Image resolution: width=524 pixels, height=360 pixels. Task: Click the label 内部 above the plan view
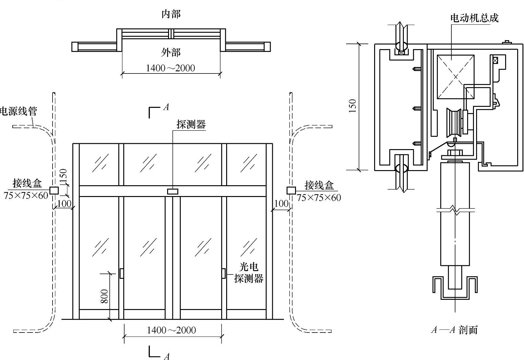171,14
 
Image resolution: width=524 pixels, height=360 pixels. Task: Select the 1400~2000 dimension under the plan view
171,68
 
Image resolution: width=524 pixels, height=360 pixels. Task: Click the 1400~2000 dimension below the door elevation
171,330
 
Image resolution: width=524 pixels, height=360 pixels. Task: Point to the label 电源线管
19,111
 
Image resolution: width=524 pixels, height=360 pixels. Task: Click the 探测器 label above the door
191,124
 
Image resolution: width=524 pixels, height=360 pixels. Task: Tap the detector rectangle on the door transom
173,191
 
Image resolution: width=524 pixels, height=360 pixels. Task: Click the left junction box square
54,190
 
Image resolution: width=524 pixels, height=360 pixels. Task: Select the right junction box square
291,190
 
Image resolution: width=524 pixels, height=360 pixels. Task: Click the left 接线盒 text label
27,183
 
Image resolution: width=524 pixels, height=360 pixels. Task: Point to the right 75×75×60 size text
319,198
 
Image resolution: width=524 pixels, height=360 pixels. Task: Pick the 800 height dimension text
105,296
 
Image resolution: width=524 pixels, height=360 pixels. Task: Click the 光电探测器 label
249,273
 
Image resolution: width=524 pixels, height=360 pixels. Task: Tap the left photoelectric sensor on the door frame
121,273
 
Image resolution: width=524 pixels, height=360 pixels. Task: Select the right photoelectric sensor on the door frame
223,273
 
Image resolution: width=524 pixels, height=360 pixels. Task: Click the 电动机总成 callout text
474,18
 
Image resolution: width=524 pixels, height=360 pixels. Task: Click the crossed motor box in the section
456,77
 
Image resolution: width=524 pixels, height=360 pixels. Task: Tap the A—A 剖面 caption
454,330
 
